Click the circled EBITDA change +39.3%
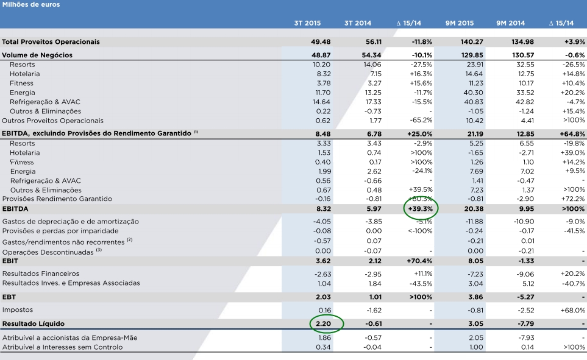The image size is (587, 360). pos(421,209)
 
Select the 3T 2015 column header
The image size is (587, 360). pos(307,23)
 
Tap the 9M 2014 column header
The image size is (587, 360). pos(510,23)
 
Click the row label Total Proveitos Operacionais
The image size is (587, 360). pos(51,42)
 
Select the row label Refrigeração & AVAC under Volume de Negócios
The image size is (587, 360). pos(45,102)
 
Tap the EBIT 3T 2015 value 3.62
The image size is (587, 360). pos(323,261)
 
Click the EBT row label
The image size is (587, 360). pos(10,297)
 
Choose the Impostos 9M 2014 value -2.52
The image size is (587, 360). pos(514,310)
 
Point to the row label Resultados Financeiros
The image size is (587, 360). pos(41,274)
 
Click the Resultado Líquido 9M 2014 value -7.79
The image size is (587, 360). pos(514,323)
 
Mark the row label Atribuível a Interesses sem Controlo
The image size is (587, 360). pos(62,347)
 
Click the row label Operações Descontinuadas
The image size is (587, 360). pos(48,251)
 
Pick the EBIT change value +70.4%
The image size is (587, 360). pos(420,261)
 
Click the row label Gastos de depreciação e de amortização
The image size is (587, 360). pos(71,221)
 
